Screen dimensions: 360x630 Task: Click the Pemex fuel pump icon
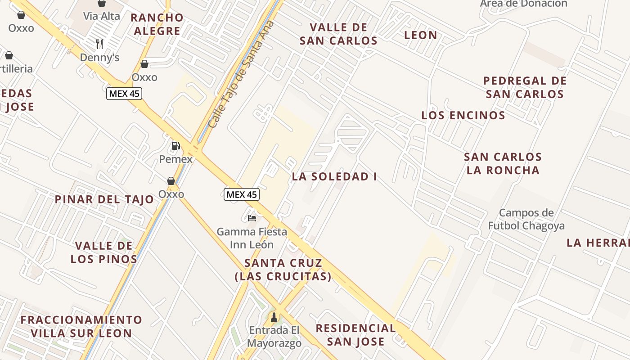pos(175,146)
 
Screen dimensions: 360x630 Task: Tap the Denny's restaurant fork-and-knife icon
pos(99,44)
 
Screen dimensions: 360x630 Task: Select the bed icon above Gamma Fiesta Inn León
pos(252,218)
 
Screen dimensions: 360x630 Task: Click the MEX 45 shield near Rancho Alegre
pos(124,94)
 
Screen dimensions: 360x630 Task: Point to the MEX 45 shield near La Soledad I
pos(242,194)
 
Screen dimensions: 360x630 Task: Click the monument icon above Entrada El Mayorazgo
pos(274,317)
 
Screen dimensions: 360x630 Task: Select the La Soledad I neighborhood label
pos(334,177)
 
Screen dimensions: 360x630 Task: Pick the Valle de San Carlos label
pos(338,34)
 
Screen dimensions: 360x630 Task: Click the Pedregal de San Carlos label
pos(525,88)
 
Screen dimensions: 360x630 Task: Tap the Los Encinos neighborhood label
pos(463,115)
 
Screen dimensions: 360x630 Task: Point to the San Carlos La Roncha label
pos(503,164)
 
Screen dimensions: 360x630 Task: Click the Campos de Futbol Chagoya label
pos(526,219)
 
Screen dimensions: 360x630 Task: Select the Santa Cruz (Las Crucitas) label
pos(283,270)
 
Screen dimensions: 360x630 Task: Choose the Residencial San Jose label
pos(355,335)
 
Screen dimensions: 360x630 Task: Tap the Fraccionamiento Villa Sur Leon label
pos(81,327)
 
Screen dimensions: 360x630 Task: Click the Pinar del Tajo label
pos(104,199)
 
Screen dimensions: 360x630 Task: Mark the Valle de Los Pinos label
pos(104,252)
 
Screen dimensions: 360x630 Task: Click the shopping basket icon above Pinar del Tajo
pos(171,181)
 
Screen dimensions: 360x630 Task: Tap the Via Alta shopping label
pos(102,16)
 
